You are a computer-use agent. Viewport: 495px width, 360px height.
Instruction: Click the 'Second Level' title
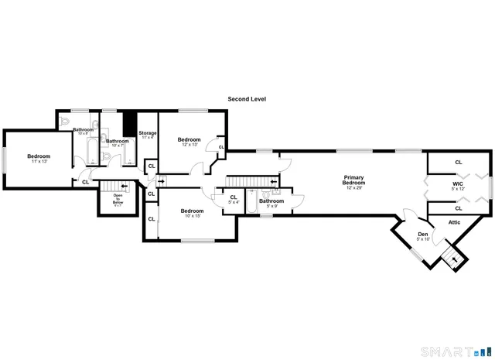[247, 99]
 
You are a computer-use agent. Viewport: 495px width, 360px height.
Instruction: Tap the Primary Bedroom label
[353, 182]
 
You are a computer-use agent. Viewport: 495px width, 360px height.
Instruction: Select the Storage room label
[148, 135]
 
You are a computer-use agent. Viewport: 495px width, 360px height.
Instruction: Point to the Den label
[423, 236]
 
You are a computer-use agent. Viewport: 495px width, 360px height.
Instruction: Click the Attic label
[454, 223]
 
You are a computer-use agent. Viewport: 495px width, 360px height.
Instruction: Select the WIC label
[458, 186]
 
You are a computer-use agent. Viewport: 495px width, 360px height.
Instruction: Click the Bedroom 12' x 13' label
[190, 142]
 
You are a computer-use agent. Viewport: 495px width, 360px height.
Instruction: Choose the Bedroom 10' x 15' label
[192, 213]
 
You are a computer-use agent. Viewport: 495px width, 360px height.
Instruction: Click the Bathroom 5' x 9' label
[271, 203]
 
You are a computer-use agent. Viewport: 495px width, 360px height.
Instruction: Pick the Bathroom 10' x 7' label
[118, 143]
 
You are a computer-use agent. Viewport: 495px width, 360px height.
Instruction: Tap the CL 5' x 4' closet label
[234, 200]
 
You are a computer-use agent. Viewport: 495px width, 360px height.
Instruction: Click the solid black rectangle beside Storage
[129, 126]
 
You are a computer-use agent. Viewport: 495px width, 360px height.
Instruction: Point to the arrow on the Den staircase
[454, 259]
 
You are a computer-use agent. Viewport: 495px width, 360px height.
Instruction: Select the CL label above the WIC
[458, 163]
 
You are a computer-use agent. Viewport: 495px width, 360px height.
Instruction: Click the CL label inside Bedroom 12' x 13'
[220, 146]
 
